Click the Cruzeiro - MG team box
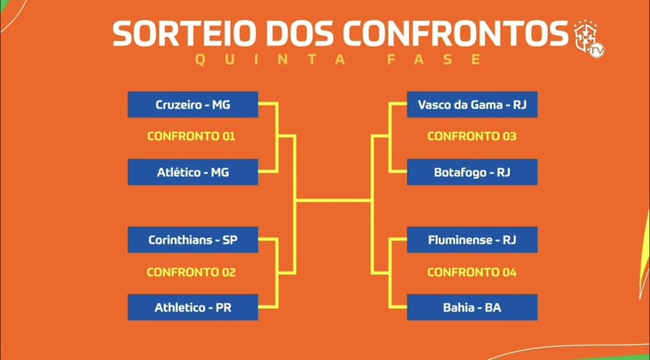click(193, 105)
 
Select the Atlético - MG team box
click(193, 172)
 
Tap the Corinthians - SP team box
click(193, 240)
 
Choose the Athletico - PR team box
click(193, 307)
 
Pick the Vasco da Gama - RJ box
click(472, 105)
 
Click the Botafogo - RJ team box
click(472, 172)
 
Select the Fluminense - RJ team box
click(472, 240)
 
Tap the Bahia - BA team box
click(472, 307)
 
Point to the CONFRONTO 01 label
click(191, 136)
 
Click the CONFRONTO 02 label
click(191, 272)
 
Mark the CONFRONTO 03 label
click(472, 136)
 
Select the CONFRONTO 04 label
click(472, 272)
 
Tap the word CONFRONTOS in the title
click(455, 34)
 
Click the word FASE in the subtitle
click(434, 60)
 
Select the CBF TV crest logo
click(589, 38)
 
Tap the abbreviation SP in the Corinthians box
click(230, 240)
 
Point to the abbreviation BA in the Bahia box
click(493, 307)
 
